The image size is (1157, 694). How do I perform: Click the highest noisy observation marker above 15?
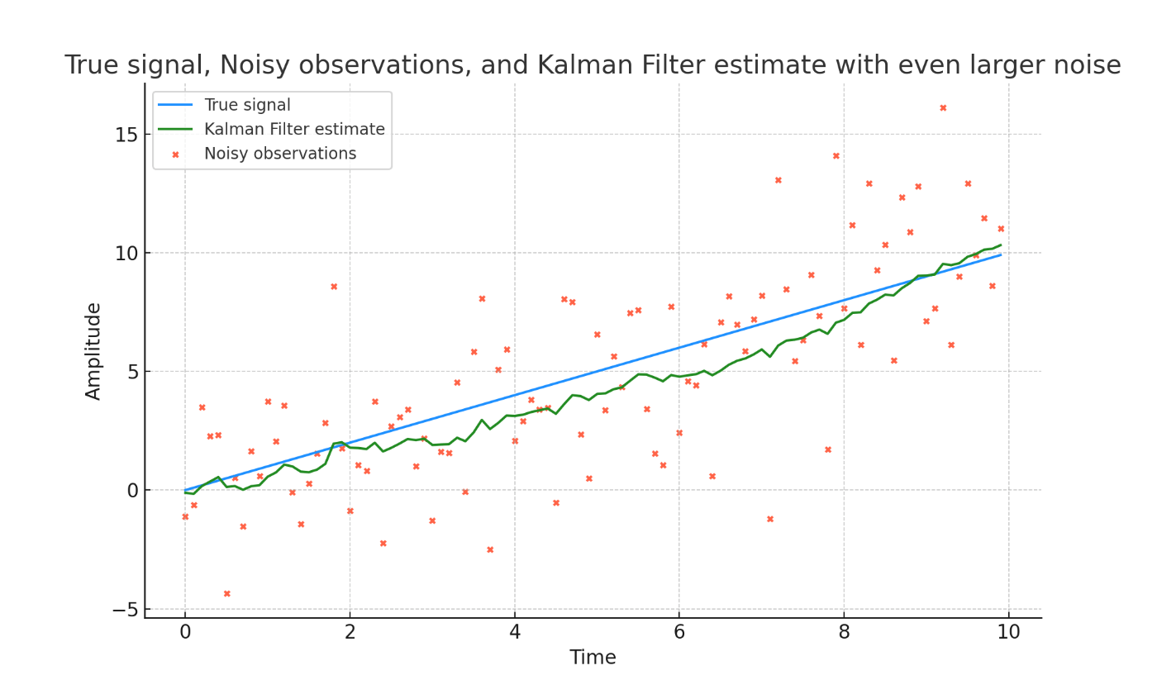point(943,107)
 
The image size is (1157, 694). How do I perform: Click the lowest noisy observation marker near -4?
point(226,593)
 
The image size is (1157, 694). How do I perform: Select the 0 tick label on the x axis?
point(185,633)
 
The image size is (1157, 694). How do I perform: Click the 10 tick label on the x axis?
point(1009,633)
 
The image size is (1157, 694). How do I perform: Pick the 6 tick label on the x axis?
point(679,633)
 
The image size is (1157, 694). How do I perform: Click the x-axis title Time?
point(593,658)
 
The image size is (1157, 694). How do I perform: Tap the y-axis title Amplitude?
point(93,351)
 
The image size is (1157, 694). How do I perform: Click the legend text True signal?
point(247,105)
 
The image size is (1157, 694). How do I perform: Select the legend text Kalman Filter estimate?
point(294,130)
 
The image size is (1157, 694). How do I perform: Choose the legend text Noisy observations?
point(280,154)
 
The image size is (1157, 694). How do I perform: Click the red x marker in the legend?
point(175,154)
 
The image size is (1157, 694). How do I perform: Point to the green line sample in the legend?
point(175,130)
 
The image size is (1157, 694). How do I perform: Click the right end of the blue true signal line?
point(1001,254)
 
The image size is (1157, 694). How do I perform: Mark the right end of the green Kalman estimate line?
point(1001,245)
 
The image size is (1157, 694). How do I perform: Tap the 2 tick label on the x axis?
point(350,633)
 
